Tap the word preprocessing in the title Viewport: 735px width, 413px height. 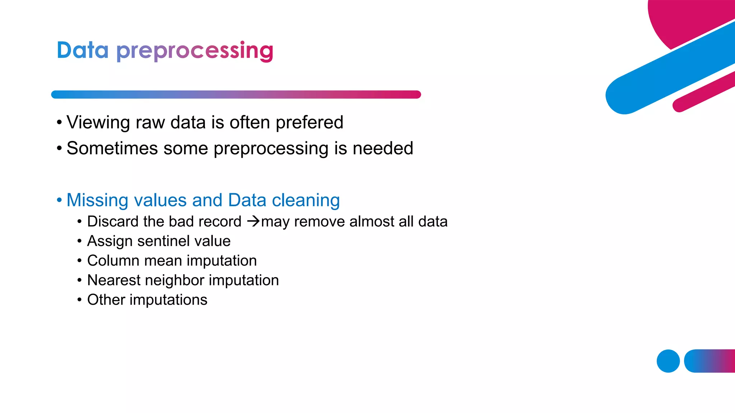point(195,51)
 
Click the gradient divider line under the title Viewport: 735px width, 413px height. point(236,95)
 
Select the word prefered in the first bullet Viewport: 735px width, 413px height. point(309,123)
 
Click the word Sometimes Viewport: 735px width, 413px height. point(112,148)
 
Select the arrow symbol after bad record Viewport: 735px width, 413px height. point(253,221)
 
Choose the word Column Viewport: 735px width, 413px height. point(113,261)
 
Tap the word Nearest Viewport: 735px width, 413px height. point(114,280)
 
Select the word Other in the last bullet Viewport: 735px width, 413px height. point(106,300)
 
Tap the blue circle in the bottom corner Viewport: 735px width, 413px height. point(668,361)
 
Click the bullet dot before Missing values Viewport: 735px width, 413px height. point(59,200)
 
